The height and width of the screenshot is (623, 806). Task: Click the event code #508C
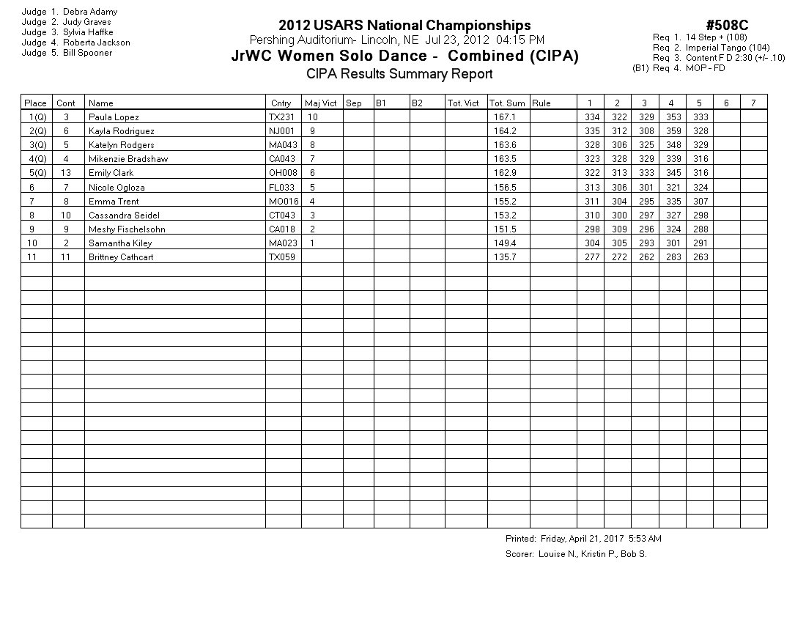(727, 26)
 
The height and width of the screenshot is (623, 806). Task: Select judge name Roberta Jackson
(96, 43)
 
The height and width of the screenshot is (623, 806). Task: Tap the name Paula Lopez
(114, 117)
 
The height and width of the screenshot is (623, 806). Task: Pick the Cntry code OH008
(282, 173)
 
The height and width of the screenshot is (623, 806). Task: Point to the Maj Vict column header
(321, 103)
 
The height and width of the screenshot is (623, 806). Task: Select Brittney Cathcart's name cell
(121, 257)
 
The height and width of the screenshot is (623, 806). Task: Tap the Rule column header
(541, 103)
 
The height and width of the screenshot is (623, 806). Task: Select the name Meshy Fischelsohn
(127, 229)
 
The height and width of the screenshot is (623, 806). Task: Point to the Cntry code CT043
(282, 215)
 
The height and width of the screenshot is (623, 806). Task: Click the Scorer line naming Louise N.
(576, 554)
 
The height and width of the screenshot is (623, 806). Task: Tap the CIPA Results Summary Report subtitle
(399, 74)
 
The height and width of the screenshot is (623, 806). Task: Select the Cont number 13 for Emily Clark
(67, 173)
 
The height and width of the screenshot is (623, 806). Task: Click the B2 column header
(417, 103)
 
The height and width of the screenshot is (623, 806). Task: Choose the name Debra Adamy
(90, 12)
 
